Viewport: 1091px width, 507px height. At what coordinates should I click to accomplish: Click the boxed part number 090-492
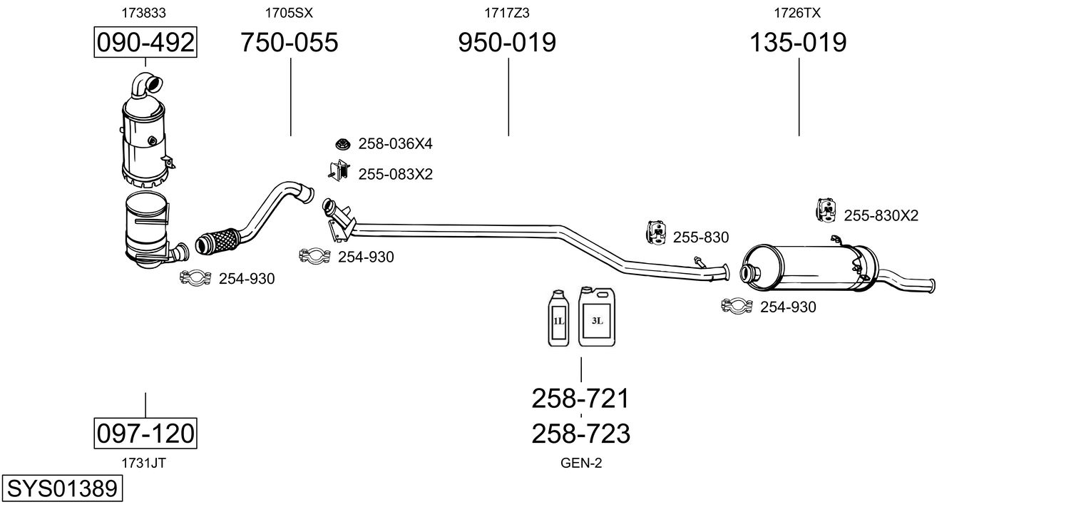(145, 42)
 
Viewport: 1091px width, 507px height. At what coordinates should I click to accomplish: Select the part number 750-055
(290, 42)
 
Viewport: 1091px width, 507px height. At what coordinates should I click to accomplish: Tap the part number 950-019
(507, 42)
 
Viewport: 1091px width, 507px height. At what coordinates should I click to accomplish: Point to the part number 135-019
(798, 42)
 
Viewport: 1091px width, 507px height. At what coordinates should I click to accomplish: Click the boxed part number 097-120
(145, 433)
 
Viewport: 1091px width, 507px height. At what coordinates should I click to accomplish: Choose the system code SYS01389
(62, 488)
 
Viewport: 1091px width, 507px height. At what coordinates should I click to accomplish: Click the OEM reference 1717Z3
(506, 13)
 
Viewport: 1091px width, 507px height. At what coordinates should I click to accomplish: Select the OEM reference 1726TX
(797, 13)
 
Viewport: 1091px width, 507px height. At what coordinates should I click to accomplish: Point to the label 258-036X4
(396, 143)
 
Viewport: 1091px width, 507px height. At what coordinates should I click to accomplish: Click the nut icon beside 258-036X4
(343, 144)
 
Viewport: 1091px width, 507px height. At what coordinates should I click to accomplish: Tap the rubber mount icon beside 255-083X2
(339, 170)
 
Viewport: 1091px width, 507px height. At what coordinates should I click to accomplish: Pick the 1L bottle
(558, 318)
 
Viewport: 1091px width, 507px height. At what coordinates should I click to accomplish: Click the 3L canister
(597, 317)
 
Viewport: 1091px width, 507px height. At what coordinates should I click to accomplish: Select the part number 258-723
(580, 434)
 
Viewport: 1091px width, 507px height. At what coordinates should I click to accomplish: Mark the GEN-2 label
(581, 463)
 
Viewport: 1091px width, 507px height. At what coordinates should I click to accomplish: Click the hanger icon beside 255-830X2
(826, 210)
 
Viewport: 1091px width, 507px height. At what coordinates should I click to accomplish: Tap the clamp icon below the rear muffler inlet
(737, 306)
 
